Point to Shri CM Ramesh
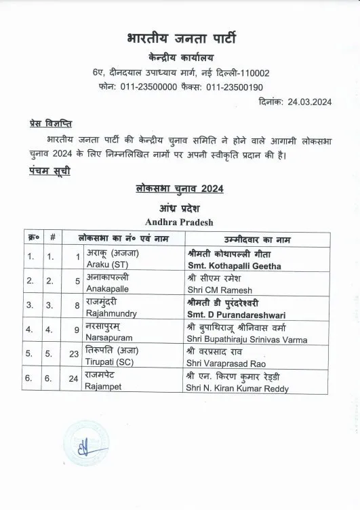point(214,290)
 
